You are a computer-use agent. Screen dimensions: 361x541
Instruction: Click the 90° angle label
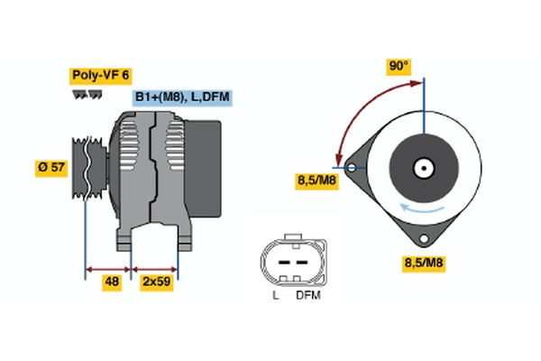(399, 66)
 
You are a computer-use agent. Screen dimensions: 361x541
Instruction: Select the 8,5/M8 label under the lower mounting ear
(423, 263)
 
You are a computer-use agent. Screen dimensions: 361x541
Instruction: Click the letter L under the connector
(274, 295)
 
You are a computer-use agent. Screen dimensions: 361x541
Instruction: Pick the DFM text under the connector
(307, 295)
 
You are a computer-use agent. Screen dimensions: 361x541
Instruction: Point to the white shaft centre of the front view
(422, 167)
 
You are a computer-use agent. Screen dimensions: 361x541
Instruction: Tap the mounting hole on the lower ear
(422, 238)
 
